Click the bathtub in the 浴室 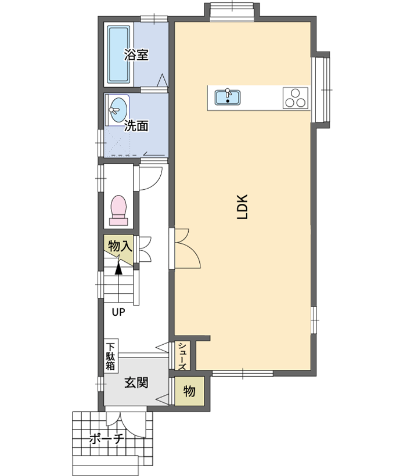click(118, 55)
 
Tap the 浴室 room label click(136, 55)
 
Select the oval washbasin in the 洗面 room click(118, 110)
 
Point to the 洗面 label click(136, 126)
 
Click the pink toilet click(118, 210)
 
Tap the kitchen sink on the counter click(228, 97)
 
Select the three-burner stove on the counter click(296, 98)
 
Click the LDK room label click(243, 207)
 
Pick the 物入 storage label click(120, 246)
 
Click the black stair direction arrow click(118, 269)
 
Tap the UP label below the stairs click(118, 312)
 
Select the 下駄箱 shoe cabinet click(111, 356)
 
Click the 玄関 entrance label click(136, 383)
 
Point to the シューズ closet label click(182, 356)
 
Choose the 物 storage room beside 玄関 click(189, 391)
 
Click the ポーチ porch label click(107, 439)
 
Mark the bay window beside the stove click(321, 90)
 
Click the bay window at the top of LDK click(232, 12)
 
